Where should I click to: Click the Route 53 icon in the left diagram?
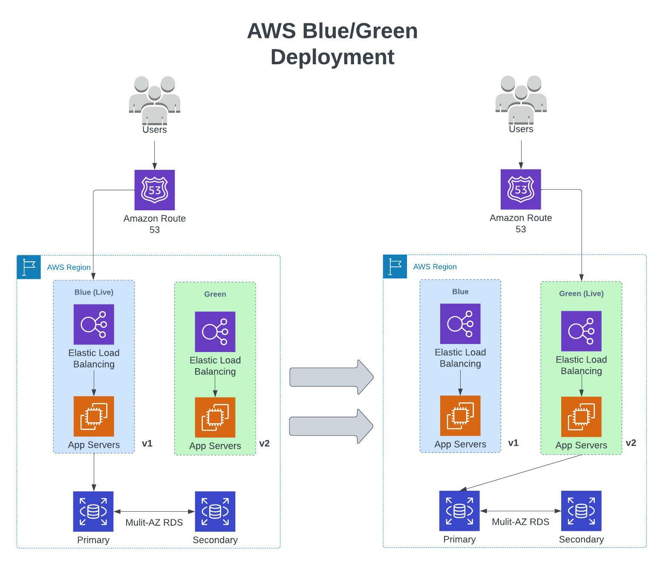coord(154,190)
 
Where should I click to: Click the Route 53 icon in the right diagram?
coord(520,189)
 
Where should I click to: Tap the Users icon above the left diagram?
coord(154,100)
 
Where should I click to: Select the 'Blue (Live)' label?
coord(94,292)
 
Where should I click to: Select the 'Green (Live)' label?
coord(581,293)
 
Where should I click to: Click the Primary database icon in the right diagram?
coord(459,510)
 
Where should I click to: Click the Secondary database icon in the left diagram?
coord(215,511)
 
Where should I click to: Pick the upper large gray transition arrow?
coord(331,377)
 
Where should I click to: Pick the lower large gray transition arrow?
coord(331,426)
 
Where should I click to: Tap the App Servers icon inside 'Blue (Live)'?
coord(94,416)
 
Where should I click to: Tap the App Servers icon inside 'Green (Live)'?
coord(581,417)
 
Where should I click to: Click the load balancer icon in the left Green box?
coord(215,332)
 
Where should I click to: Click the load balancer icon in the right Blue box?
coord(460,324)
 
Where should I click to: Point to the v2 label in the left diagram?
coord(264,444)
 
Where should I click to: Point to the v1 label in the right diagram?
coord(513,443)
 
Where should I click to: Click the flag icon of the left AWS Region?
coord(29,267)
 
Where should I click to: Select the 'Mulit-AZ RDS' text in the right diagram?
coord(520,522)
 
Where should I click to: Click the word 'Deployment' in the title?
coord(332,57)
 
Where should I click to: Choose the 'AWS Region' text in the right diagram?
coord(435,267)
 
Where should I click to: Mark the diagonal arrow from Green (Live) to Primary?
coord(521,472)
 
